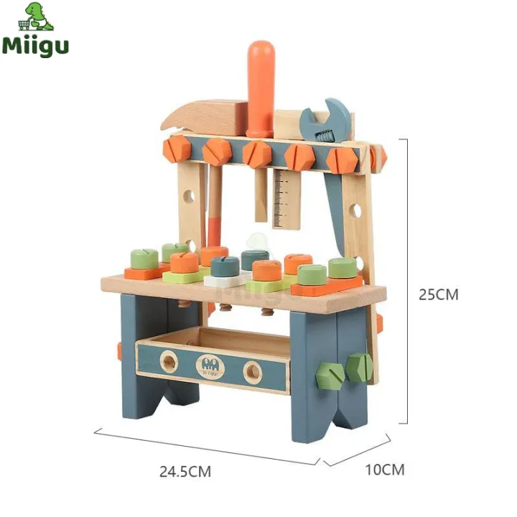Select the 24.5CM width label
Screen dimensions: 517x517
tap(185, 472)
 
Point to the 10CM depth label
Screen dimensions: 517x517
tap(385, 470)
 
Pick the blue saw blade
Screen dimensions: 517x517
tap(335, 201)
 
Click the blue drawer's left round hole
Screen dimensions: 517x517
tap(169, 363)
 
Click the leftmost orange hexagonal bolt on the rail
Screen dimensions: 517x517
tap(176, 149)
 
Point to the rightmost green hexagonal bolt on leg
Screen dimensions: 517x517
tap(358, 367)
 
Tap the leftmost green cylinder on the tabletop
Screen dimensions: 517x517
tap(144, 259)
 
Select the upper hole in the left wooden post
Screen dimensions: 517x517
tap(189, 195)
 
